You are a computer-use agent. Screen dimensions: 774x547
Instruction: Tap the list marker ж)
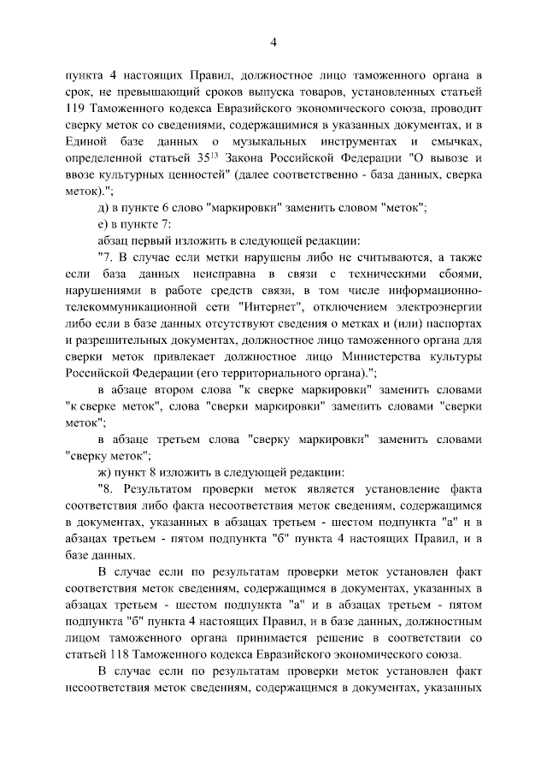105,472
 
